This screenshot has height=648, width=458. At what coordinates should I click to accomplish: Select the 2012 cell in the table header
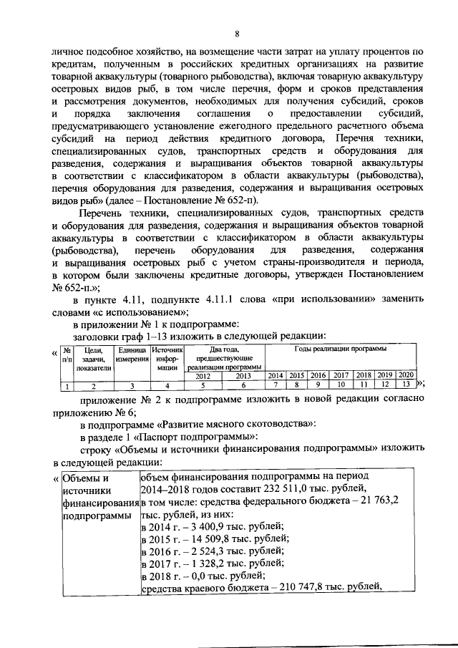click(x=203, y=375)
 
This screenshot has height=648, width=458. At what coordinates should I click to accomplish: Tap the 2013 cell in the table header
click(x=243, y=375)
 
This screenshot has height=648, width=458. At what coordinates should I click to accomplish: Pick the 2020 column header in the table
click(x=406, y=375)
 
